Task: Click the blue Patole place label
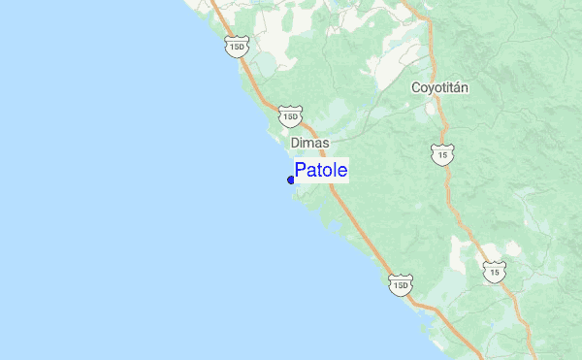pyautogui.click(x=321, y=171)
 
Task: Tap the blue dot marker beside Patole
pyautogui.click(x=291, y=180)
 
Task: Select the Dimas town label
pyautogui.click(x=309, y=142)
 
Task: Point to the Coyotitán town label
pyautogui.click(x=439, y=87)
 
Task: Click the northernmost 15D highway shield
pyautogui.click(x=236, y=45)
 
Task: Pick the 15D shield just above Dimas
pyautogui.click(x=290, y=115)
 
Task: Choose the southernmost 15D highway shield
pyautogui.click(x=401, y=284)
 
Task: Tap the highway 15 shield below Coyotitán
pyautogui.click(x=442, y=153)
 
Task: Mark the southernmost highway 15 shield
pyautogui.click(x=495, y=273)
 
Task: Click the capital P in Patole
pyautogui.click(x=301, y=171)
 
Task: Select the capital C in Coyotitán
pyautogui.click(x=416, y=87)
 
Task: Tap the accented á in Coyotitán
pyautogui.click(x=456, y=87)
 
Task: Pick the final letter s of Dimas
pyautogui.click(x=325, y=142)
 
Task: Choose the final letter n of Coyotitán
pyautogui.click(x=465, y=87)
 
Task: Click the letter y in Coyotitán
pyautogui.click(x=432, y=89)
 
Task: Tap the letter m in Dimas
pyautogui.click(x=309, y=142)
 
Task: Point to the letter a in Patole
pyautogui.click(x=311, y=172)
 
